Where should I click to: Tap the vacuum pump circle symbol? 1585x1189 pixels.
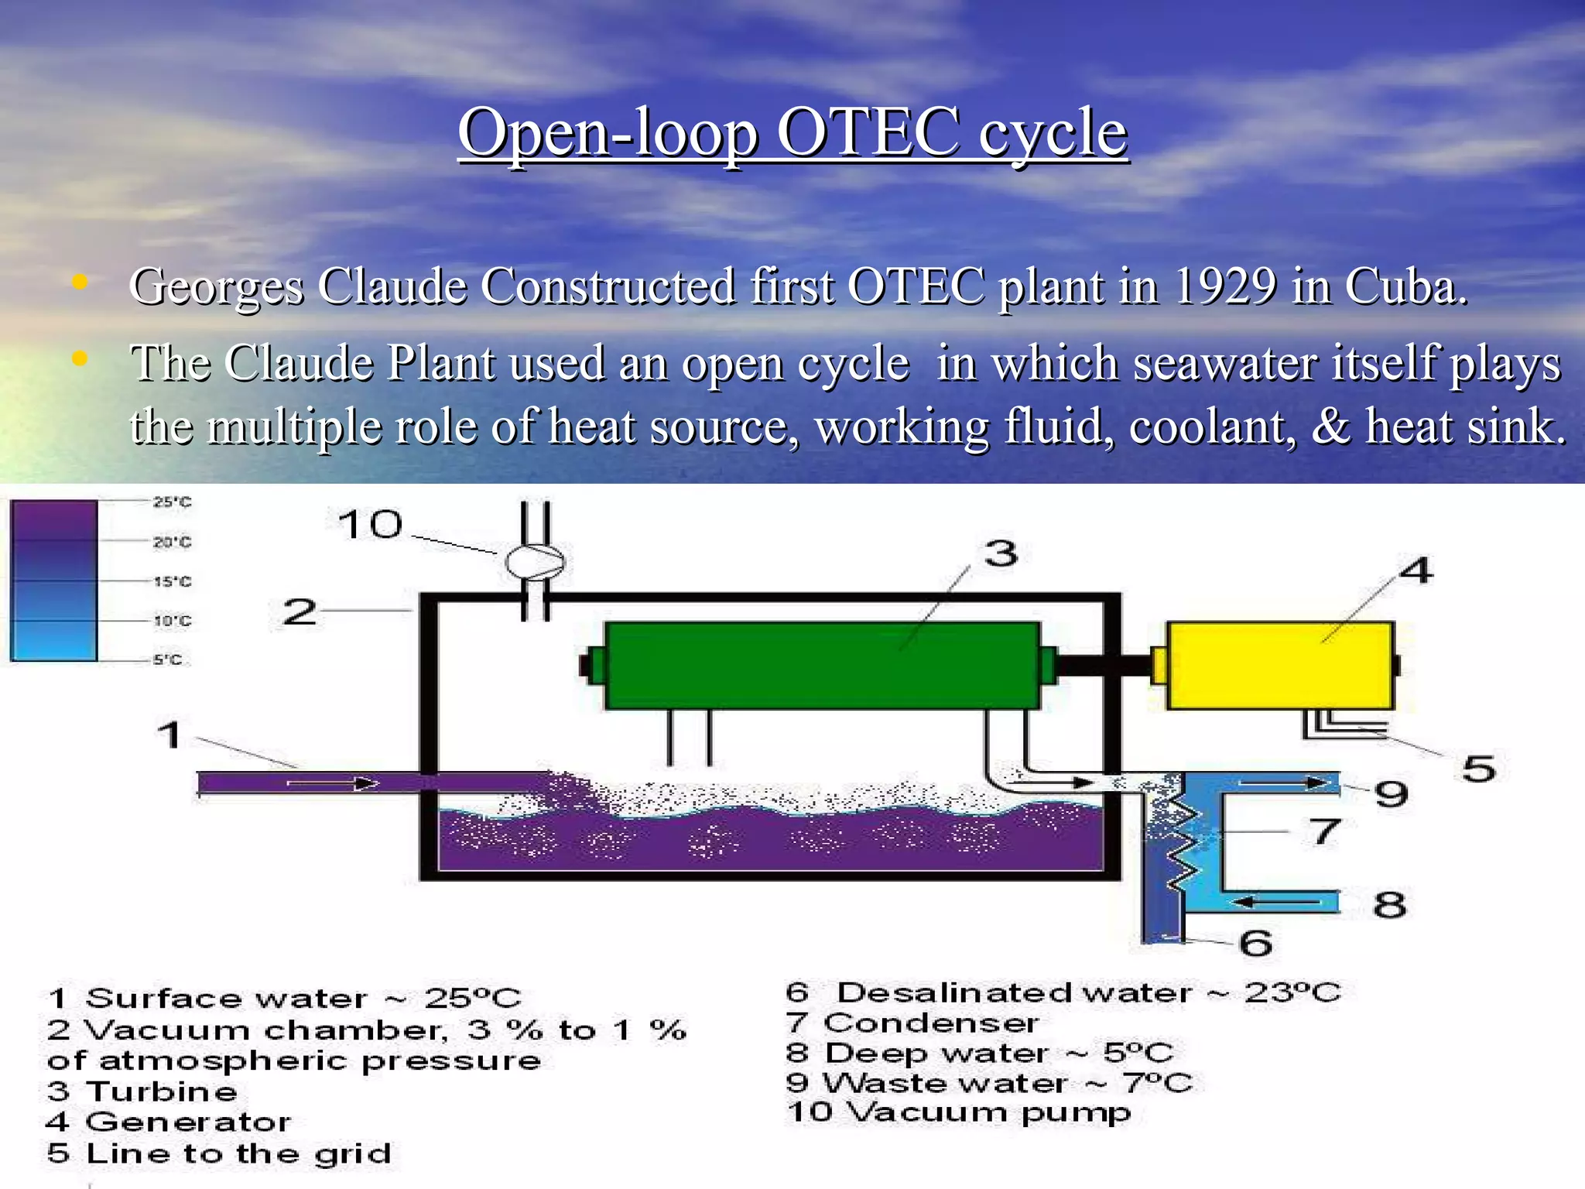tap(534, 562)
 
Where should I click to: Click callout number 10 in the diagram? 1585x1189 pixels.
tap(371, 526)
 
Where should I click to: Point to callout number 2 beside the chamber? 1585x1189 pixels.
tap(300, 612)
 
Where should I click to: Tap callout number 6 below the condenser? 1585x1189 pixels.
tap(1255, 943)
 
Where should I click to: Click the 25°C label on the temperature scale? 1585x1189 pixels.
tap(172, 502)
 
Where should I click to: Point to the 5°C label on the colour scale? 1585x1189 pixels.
tap(167, 660)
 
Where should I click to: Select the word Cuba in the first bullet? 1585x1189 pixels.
tap(1405, 286)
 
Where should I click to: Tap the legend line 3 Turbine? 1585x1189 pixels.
tap(142, 1091)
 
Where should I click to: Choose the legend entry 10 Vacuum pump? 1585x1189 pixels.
tap(958, 1112)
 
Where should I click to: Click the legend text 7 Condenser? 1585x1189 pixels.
tap(912, 1023)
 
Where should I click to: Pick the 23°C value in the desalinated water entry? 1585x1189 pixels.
tap(1292, 992)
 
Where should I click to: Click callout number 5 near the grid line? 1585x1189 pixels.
tap(1478, 769)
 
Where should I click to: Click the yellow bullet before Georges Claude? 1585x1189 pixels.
tap(79, 283)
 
